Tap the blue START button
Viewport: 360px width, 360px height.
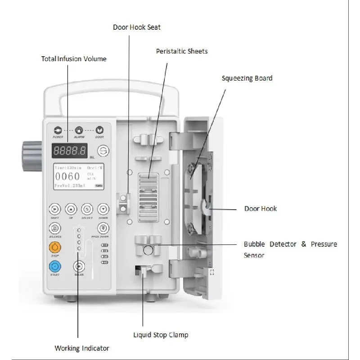coord(54,265)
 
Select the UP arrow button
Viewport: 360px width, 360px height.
coord(71,209)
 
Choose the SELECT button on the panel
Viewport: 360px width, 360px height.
coord(87,209)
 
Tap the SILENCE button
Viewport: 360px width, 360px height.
coord(54,228)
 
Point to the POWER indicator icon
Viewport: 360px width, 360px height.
coord(57,130)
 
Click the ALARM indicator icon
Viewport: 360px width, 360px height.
coord(79,130)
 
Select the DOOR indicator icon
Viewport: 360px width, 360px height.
coord(100,130)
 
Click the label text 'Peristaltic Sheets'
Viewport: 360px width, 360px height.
coord(182,51)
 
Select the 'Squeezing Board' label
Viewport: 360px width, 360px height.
coord(247,78)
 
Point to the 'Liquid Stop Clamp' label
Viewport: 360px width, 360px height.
coord(161,335)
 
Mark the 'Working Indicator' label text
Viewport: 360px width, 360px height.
coord(82,348)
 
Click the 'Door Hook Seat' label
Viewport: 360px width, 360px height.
coord(136,27)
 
